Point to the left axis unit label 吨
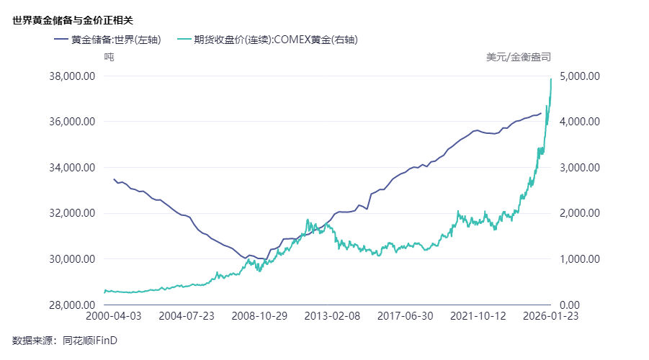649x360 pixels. pos(109,56)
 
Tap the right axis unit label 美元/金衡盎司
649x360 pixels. pos(519,56)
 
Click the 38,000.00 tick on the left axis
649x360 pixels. pos(71,76)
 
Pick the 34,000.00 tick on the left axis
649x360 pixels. pos(71,167)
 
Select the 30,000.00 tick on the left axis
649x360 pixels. pos(71,258)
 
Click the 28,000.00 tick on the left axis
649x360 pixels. pos(71,305)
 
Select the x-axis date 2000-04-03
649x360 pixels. pos(113,316)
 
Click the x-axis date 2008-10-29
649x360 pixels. pos(259,316)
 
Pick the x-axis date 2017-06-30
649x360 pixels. pos(405,316)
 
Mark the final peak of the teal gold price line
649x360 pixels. pos(551,78)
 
